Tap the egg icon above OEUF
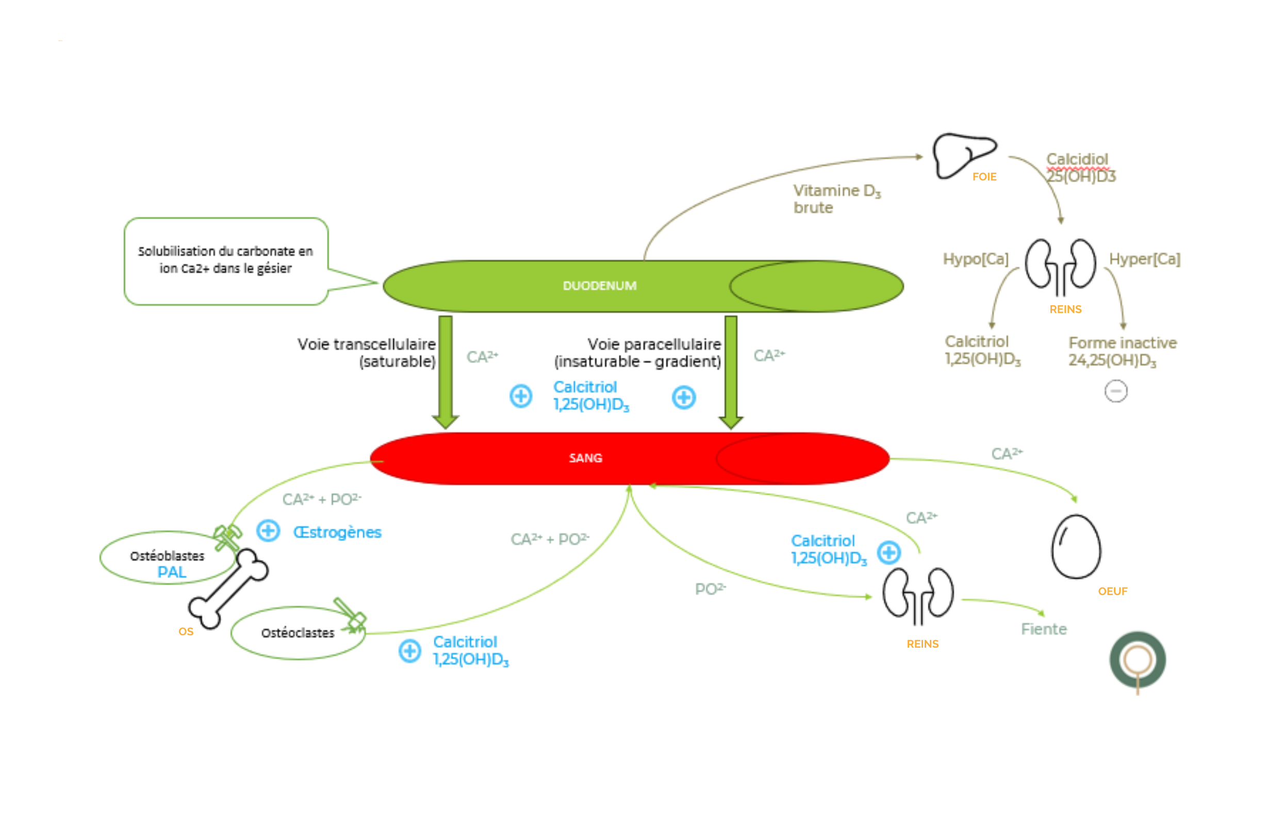click(1075, 546)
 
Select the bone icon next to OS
click(228, 588)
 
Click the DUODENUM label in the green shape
click(599, 286)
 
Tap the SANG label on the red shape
click(585, 458)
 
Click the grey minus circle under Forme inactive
click(1115, 391)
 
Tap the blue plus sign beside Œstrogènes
click(268, 531)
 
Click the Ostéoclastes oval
click(297, 633)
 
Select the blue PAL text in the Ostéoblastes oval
click(172, 572)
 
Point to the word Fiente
click(1043, 629)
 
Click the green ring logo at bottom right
click(1137, 660)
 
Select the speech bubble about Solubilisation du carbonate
click(225, 261)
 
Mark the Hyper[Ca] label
click(1144, 259)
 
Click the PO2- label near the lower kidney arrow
click(710, 589)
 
